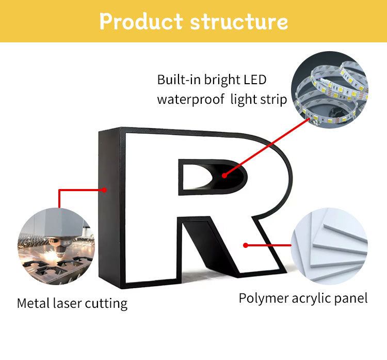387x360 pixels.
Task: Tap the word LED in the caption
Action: tap(255, 80)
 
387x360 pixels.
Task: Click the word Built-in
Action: tap(175, 80)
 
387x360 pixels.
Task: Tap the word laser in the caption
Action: tap(68, 303)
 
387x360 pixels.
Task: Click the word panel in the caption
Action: tap(352, 298)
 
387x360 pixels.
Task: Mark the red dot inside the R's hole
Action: tap(224, 176)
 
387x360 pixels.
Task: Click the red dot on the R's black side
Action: tap(105, 190)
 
